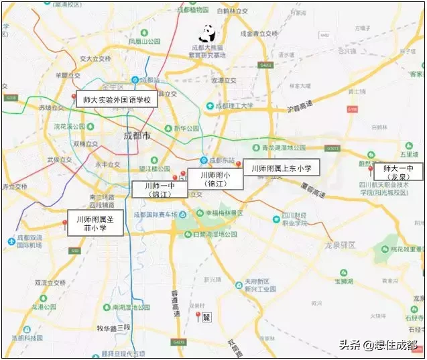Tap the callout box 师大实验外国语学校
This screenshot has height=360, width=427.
pyautogui.click(x=115, y=100)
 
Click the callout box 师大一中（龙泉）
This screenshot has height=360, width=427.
pyautogui.click(x=398, y=171)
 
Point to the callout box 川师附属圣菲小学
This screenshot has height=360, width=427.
pyautogui.click(x=96, y=223)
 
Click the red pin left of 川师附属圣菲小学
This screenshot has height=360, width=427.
pyautogui.click(x=65, y=224)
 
